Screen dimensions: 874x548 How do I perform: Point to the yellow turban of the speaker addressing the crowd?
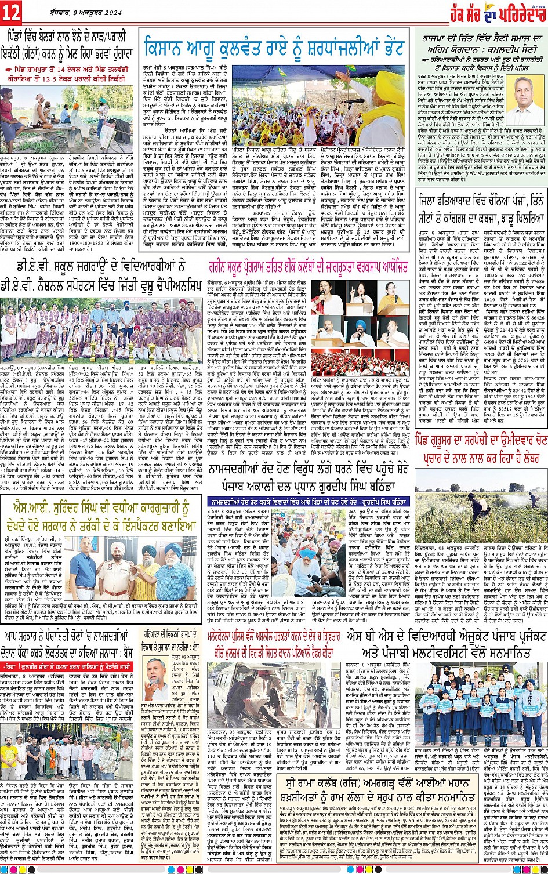point(371,82)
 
